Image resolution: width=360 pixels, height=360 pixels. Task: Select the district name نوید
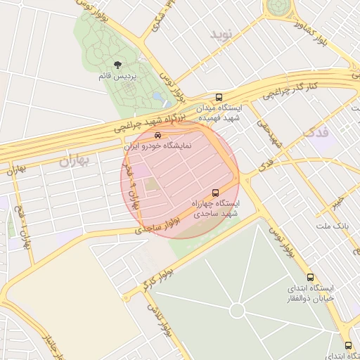[x=220, y=34]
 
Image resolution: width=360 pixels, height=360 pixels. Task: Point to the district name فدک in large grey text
[x=316, y=132]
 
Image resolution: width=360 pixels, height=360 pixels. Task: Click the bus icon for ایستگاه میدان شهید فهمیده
[x=219, y=97]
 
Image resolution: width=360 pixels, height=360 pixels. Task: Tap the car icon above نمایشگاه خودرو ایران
[x=157, y=136]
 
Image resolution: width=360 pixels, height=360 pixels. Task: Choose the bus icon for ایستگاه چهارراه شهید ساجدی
[x=215, y=192]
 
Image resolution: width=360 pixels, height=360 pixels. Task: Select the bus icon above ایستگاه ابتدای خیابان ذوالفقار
[x=311, y=277]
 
